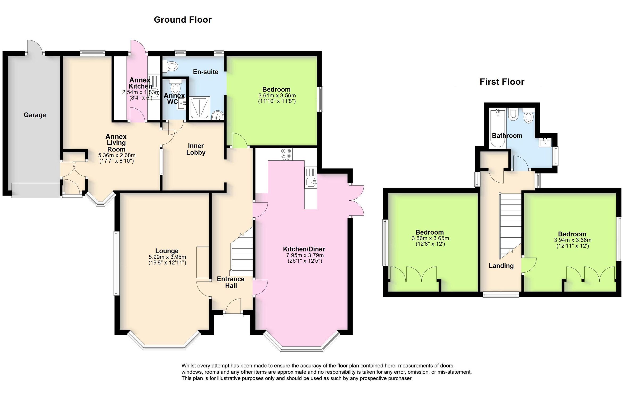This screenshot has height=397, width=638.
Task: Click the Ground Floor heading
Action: pos(183,20)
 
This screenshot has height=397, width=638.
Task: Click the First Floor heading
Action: pos(502,82)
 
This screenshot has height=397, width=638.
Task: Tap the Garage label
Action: pos(35,115)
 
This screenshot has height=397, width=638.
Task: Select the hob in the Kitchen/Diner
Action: pos(286,154)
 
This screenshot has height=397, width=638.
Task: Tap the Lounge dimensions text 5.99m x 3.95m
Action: pos(167,257)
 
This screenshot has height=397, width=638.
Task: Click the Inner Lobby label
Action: pos(196,149)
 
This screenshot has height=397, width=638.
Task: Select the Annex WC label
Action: pos(174,98)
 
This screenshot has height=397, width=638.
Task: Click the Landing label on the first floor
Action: pos(501,266)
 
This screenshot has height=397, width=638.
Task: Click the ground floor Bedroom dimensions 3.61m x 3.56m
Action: pos(277,96)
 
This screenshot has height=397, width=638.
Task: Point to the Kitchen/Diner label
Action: pos(304,249)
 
